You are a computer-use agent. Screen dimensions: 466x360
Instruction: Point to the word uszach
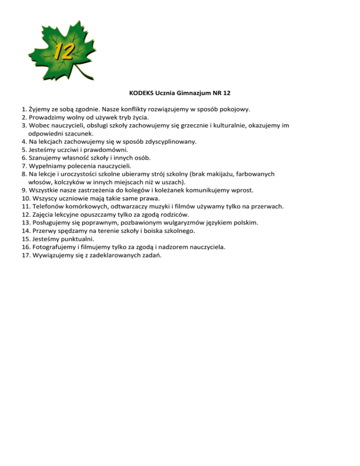pos(172,181)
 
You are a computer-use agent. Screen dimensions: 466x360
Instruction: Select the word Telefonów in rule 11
pos(48,206)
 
